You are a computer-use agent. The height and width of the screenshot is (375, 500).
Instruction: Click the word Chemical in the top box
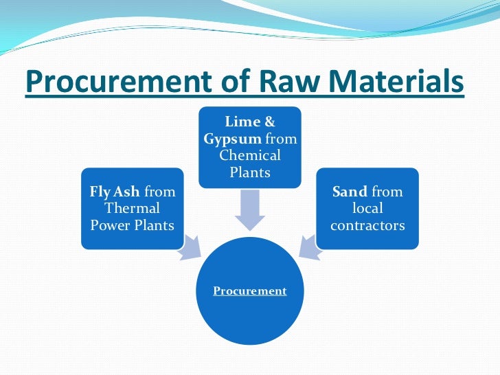pyautogui.click(x=250, y=155)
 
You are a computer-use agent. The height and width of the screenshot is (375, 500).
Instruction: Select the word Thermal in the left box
pyautogui.click(x=132, y=208)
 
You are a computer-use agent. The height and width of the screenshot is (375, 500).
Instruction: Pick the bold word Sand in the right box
pyautogui.click(x=350, y=192)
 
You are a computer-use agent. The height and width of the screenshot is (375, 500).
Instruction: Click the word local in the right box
pyautogui.click(x=367, y=208)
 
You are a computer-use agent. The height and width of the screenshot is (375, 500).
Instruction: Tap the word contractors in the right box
pyautogui.click(x=367, y=225)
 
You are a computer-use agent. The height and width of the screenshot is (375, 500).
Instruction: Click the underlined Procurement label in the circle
pyautogui.click(x=250, y=291)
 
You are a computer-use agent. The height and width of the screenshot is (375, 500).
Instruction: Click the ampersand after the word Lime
pyautogui.click(x=269, y=122)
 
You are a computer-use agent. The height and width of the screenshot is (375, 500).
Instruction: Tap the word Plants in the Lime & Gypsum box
pyautogui.click(x=250, y=171)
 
